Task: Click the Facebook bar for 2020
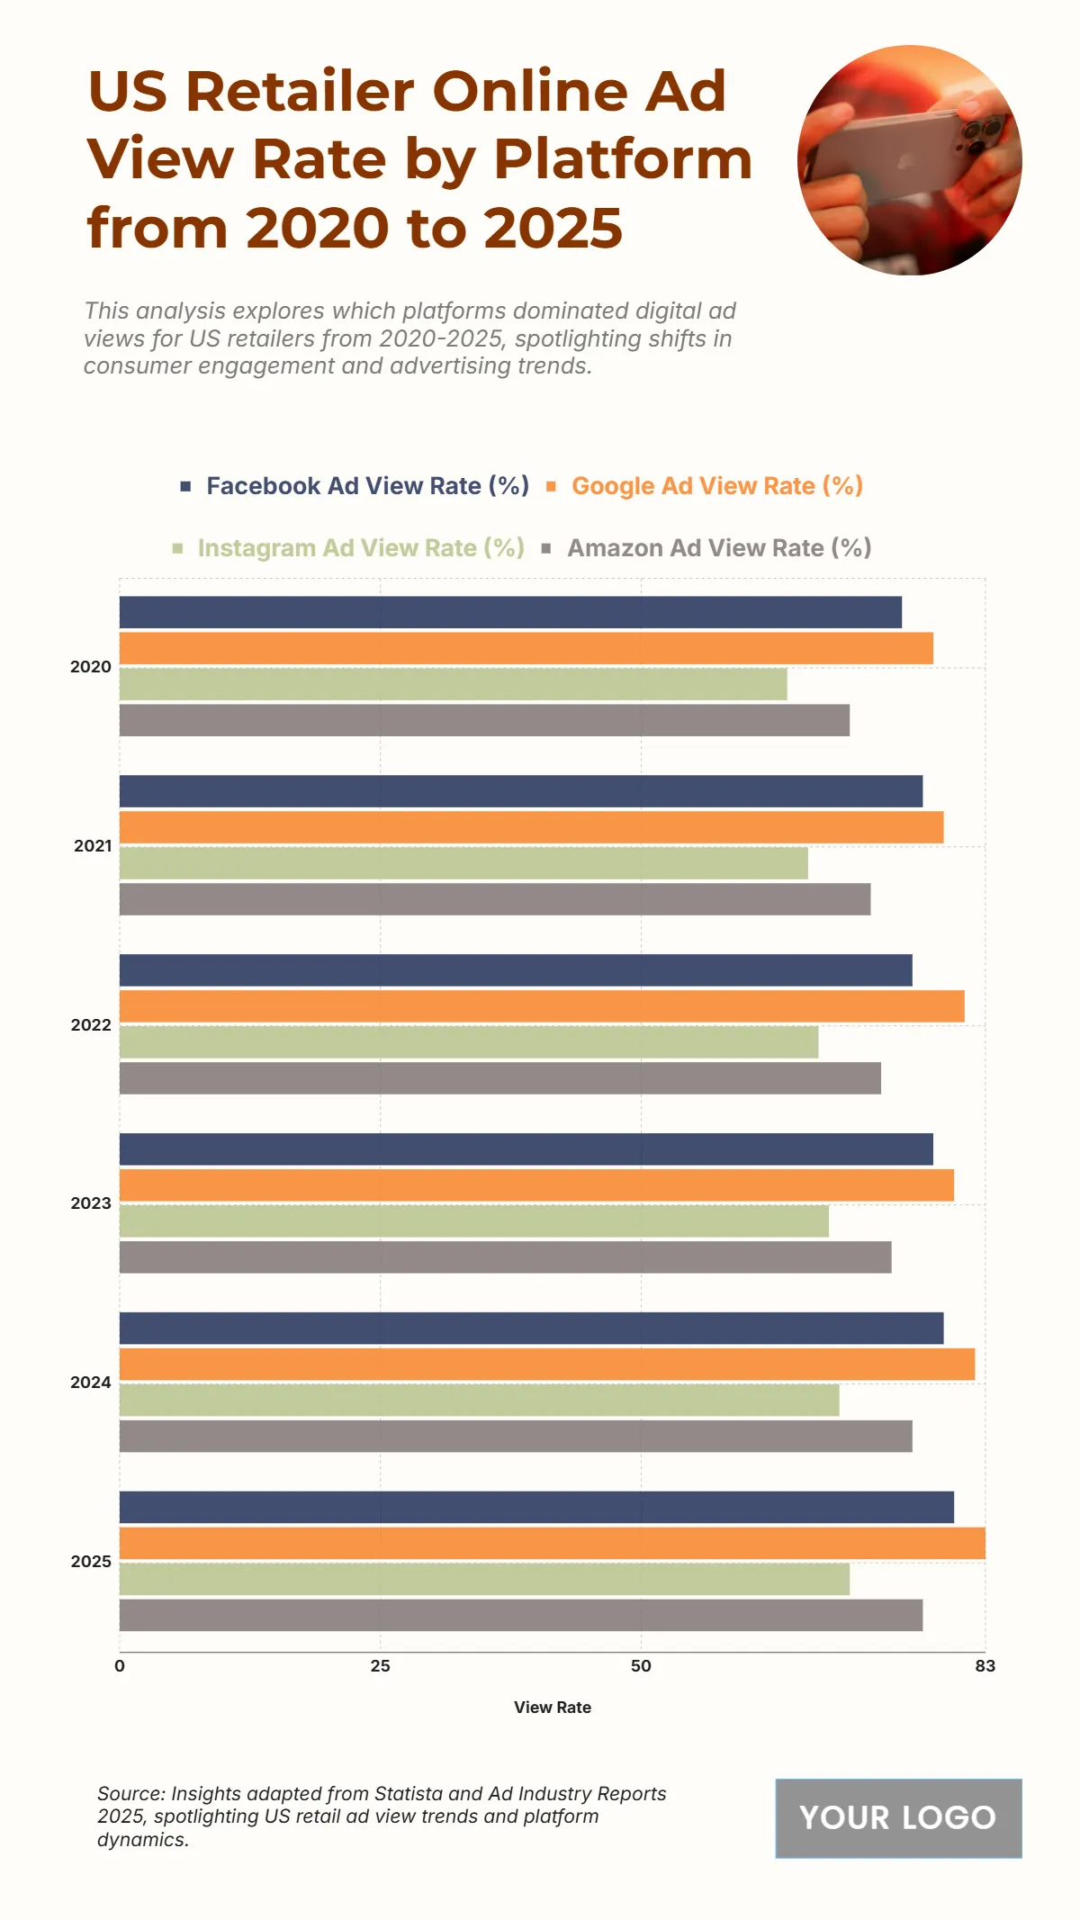tap(510, 612)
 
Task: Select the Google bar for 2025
tap(552, 1543)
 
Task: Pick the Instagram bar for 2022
tap(469, 1042)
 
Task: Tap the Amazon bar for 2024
tap(516, 1436)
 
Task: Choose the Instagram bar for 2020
tap(453, 684)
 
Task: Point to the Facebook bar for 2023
tap(526, 1149)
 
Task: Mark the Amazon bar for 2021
tap(495, 899)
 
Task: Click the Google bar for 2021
tap(531, 827)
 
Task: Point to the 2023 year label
tap(91, 1203)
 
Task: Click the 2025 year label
tap(91, 1562)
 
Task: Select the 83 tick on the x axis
tap(985, 1666)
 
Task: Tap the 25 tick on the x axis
tap(380, 1666)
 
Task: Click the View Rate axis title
tap(553, 1708)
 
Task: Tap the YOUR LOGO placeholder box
tap(898, 1818)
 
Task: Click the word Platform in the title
tap(623, 159)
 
